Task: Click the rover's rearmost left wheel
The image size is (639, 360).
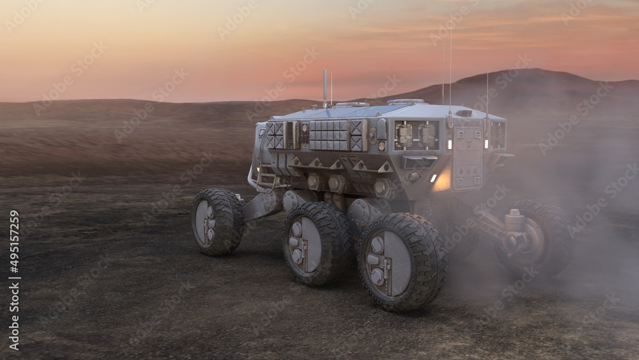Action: click(x=218, y=221)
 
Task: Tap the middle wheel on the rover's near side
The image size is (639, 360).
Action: click(x=318, y=244)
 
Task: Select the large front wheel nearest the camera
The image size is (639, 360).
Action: click(x=401, y=262)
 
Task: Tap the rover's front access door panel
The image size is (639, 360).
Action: click(x=467, y=159)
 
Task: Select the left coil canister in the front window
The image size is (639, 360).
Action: click(x=404, y=135)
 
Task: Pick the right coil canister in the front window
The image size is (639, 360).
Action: click(x=427, y=135)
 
